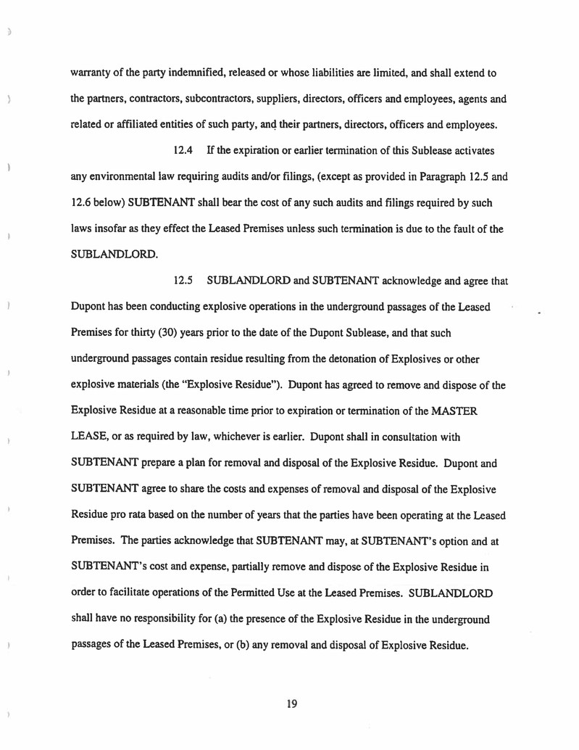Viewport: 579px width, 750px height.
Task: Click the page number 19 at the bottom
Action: click(292, 703)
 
